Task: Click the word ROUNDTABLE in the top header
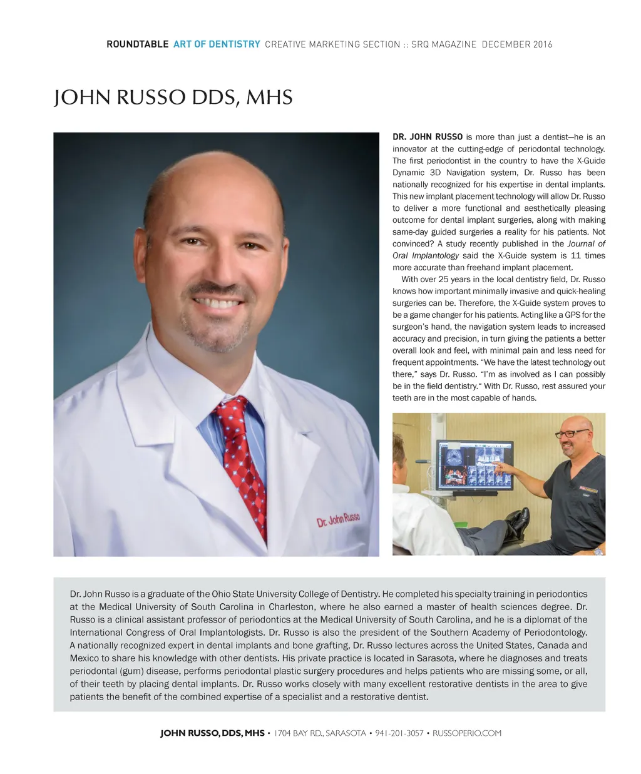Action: click(x=137, y=44)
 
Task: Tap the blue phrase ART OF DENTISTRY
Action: click(x=217, y=44)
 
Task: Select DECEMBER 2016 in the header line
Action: click(x=517, y=44)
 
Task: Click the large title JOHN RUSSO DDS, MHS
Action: click(x=173, y=98)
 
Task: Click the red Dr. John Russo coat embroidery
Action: click(x=338, y=519)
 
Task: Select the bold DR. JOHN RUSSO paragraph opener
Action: click(x=428, y=137)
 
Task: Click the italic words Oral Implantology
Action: click(x=426, y=255)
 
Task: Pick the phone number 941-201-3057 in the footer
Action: click(x=399, y=733)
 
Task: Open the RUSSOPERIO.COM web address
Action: click(x=467, y=733)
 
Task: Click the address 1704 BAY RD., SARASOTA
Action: click(x=320, y=733)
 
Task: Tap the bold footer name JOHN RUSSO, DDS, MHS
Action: click(x=212, y=733)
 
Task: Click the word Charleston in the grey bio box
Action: click(x=292, y=607)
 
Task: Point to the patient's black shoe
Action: click(x=517, y=520)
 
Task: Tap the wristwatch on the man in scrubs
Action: click(x=598, y=551)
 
